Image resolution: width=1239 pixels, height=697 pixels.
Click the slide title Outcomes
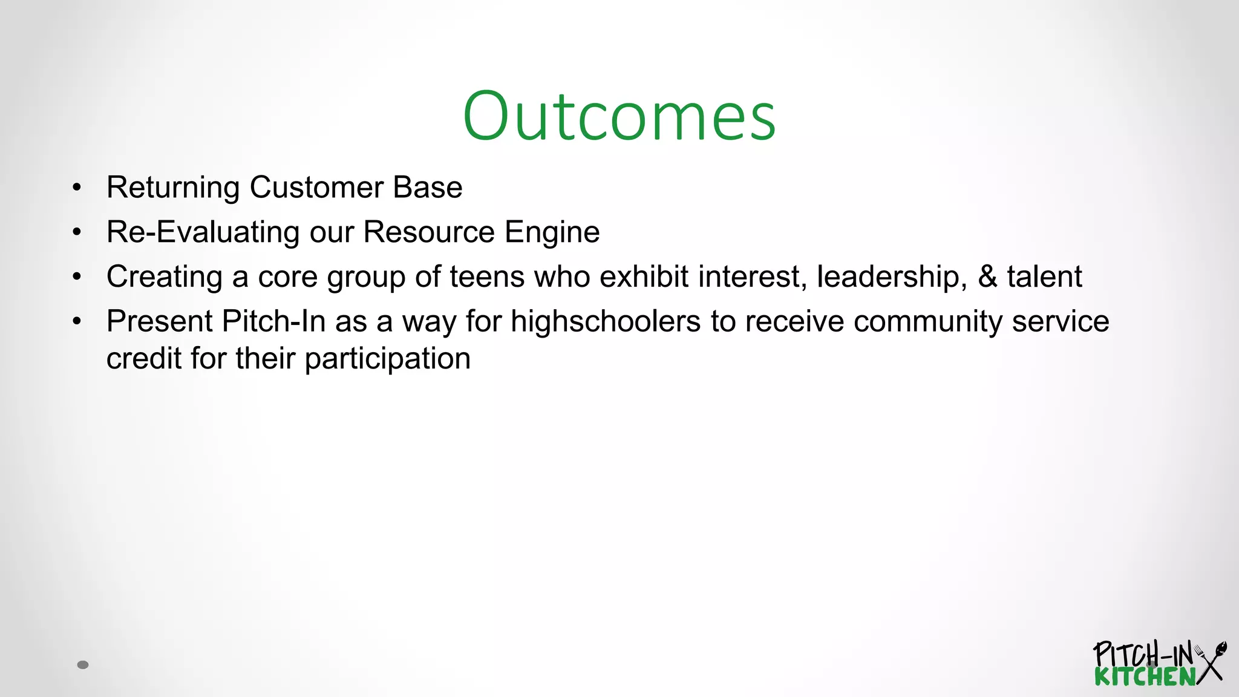click(x=619, y=116)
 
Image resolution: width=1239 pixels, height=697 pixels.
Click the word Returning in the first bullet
click(x=172, y=188)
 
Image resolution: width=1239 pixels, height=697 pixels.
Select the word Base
click(x=427, y=188)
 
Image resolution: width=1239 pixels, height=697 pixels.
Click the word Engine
click(x=552, y=232)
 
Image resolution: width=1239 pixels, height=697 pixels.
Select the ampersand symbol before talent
click(x=987, y=277)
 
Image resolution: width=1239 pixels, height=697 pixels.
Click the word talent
click(x=1044, y=277)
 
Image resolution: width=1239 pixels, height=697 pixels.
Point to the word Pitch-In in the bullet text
click(x=273, y=321)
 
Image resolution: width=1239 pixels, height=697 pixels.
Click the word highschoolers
click(x=605, y=321)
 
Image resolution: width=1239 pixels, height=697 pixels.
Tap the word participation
click(x=387, y=359)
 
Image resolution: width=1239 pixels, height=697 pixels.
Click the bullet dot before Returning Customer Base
click(x=76, y=188)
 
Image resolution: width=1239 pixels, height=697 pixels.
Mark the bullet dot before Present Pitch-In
click(x=76, y=321)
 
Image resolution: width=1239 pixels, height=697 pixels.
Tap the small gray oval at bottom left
click(x=83, y=665)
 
